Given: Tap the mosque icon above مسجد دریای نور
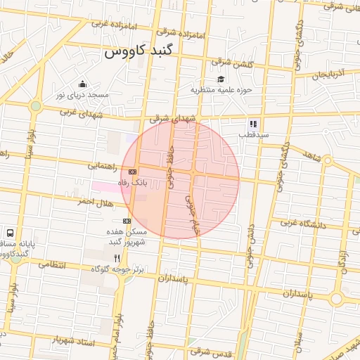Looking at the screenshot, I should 83,84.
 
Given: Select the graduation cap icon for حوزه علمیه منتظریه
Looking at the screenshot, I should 221,79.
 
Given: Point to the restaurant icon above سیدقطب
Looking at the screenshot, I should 253,124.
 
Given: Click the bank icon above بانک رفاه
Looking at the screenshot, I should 132,172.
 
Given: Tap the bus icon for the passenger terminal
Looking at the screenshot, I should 10,233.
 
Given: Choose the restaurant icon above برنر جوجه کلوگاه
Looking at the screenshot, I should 117,258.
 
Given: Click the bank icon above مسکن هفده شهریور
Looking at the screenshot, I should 127,221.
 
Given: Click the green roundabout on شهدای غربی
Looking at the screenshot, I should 35,106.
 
